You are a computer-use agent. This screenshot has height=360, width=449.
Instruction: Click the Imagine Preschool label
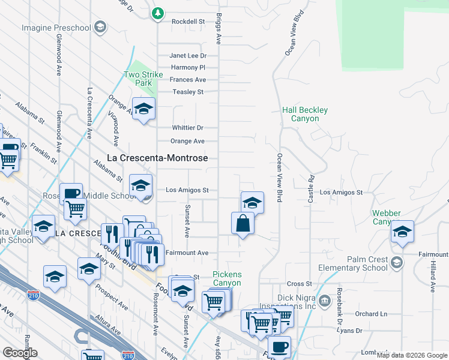coord(56,28)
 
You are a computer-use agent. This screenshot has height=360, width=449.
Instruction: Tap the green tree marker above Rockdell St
coord(157,13)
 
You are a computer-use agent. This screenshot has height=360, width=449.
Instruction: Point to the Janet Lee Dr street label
coord(188,56)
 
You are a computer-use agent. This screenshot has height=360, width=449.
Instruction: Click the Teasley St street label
coord(188,92)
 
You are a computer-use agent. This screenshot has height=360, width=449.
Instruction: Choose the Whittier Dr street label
coord(188,128)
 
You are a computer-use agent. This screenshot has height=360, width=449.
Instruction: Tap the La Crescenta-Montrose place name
coord(157,158)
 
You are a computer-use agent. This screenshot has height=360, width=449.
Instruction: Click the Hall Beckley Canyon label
coord(305,114)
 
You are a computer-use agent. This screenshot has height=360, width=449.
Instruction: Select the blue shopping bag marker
coord(243,223)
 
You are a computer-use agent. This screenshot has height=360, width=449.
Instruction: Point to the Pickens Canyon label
coord(227,278)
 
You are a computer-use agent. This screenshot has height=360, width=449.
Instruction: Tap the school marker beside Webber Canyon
coord(402,232)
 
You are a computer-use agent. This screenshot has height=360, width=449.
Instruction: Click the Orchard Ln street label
coord(371,314)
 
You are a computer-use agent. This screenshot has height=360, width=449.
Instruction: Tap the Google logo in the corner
coord(20,353)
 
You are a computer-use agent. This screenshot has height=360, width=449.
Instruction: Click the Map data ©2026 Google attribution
coord(412,355)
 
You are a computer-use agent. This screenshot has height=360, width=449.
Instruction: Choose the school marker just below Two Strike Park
coord(143,109)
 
